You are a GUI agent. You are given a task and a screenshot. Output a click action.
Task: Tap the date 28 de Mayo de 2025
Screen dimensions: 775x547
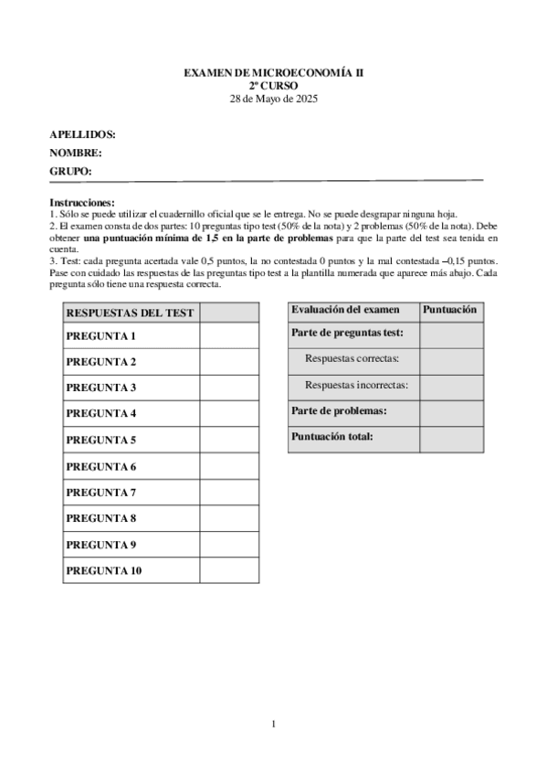[273, 98]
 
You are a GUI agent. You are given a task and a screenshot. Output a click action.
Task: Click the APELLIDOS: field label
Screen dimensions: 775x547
[82, 134]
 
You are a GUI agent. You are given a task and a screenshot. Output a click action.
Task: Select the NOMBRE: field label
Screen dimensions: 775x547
[76, 153]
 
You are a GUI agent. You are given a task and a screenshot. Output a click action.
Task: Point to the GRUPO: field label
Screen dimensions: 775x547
[71, 171]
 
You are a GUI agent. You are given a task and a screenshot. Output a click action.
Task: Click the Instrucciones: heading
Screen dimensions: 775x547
[82, 202]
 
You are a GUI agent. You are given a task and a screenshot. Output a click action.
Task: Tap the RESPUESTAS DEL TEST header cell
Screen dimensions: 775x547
[131, 313]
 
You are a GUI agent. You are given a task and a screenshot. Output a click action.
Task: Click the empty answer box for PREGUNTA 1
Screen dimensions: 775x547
[229, 336]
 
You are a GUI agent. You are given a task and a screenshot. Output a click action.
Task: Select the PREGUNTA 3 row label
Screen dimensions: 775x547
[101, 387]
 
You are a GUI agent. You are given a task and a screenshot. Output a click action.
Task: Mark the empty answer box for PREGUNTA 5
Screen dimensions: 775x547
[229, 440]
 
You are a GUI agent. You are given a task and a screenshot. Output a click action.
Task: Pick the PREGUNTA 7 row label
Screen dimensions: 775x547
[101, 493]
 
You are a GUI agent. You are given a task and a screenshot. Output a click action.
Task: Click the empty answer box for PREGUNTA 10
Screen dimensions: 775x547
[229, 571]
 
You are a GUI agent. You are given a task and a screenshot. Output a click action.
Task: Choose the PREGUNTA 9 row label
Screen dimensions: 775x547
[101, 545]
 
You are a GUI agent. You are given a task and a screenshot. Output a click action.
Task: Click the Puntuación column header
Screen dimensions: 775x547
[451, 310]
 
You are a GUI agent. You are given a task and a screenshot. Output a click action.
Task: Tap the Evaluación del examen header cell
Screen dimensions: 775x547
[345, 310]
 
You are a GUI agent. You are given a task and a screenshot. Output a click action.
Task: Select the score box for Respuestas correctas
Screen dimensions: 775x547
[451, 361]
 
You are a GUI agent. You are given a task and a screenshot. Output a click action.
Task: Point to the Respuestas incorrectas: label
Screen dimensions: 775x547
[356, 386]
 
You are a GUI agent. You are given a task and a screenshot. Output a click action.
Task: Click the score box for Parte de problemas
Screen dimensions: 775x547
[451, 412]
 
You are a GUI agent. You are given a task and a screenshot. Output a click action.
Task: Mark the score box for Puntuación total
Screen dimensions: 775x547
[451, 438]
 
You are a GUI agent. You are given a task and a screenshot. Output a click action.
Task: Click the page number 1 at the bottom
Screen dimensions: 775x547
[273, 724]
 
